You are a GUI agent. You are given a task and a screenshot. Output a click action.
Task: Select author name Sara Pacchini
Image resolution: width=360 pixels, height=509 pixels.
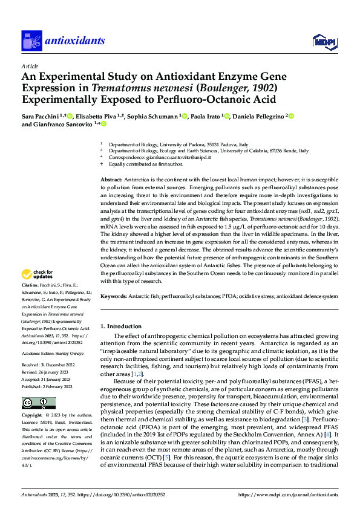coord(42,116)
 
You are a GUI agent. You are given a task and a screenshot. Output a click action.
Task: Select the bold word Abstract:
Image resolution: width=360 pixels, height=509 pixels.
coord(111,181)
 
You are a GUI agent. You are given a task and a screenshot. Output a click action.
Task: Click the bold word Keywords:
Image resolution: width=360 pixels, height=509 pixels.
coord(114,296)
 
